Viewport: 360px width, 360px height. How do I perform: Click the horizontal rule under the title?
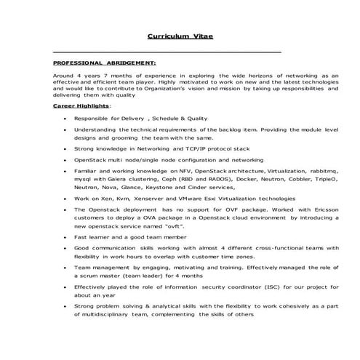(167, 52)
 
